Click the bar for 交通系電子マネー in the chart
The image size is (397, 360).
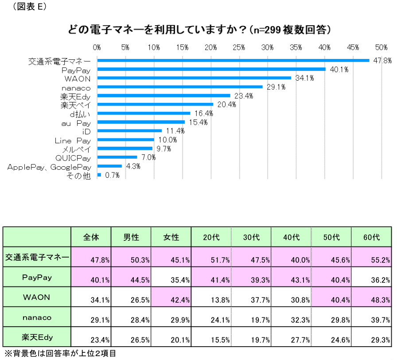[x=233, y=60]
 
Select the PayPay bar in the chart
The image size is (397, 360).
[x=211, y=69]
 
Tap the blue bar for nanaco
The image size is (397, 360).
[x=180, y=87]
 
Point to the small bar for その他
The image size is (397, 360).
[x=99, y=175]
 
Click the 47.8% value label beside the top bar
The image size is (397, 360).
[x=382, y=61]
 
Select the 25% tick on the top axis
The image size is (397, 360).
[x=239, y=47]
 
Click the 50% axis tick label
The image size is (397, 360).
[x=381, y=47]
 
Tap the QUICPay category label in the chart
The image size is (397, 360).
[x=73, y=158]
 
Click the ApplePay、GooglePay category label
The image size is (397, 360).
[x=49, y=167]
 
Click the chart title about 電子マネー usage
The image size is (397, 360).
[x=199, y=30]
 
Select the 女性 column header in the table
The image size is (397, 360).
[x=171, y=237]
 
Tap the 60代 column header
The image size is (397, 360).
[x=371, y=237]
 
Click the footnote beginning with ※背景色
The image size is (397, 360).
[x=58, y=354]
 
